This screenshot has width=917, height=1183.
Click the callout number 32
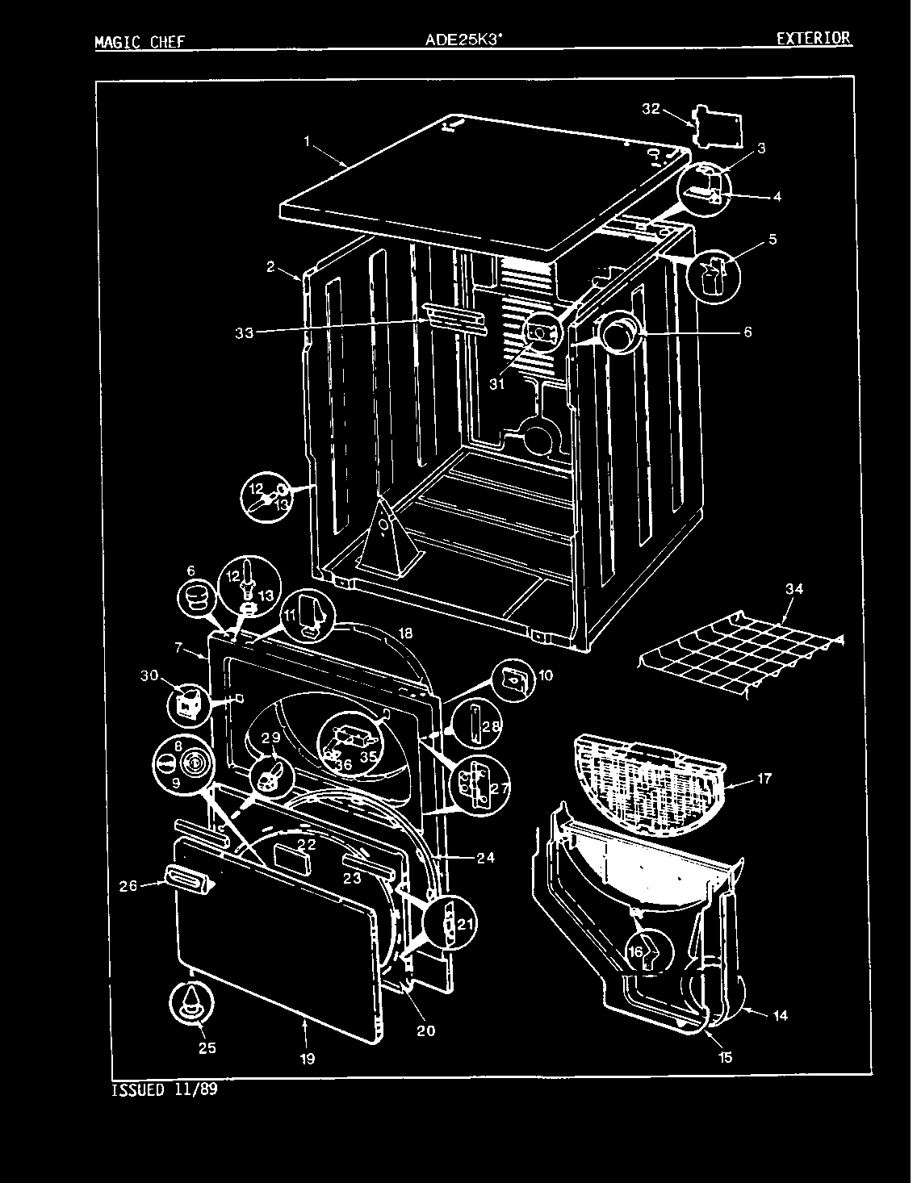click(651, 109)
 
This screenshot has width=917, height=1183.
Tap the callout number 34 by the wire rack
click(794, 591)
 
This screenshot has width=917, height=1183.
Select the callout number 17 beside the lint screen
click(764, 778)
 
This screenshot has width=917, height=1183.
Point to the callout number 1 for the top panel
click(308, 140)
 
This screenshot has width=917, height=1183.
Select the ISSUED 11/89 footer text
click(164, 1090)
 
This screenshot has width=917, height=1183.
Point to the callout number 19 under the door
click(308, 1057)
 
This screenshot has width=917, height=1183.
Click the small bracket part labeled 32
click(718, 124)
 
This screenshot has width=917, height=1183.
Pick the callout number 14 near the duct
click(780, 1016)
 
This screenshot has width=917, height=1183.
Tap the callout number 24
click(484, 858)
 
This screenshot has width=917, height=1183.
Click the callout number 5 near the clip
click(773, 240)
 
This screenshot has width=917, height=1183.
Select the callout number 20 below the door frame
click(425, 1030)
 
